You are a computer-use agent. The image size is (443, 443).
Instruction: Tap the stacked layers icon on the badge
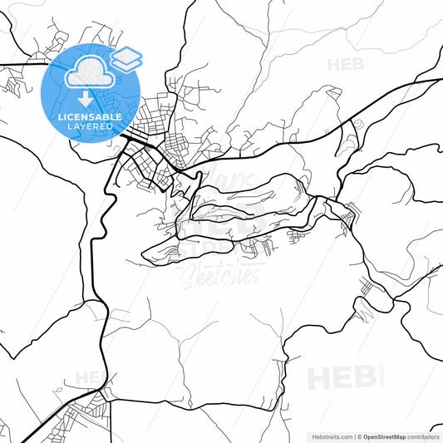[126, 57]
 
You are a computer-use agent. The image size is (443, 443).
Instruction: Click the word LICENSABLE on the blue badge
[91, 117]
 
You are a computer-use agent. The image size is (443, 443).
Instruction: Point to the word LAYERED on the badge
[91, 127]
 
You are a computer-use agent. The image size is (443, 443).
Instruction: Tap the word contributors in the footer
[423, 436]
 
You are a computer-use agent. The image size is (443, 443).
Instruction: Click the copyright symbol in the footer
[358, 436]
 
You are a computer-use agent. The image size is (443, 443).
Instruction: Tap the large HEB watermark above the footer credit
[342, 378]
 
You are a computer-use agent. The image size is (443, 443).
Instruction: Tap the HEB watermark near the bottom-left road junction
[89, 378]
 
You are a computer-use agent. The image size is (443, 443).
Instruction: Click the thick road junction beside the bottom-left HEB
[102, 388]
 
